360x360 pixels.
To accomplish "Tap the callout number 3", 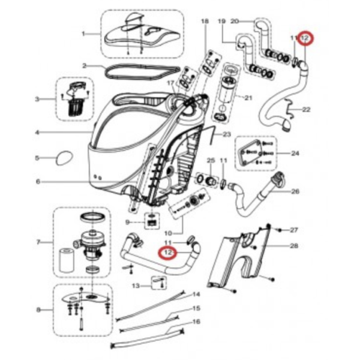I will [37, 99].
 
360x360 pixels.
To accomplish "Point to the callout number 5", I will [37, 158].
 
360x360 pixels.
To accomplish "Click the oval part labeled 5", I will [63, 158].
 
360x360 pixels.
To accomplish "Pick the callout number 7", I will [38, 242].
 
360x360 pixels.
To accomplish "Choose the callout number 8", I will [38, 310].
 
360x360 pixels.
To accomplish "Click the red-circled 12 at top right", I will [305, 38].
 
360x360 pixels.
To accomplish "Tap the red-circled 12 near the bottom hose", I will [168, 253].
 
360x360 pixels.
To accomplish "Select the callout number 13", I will [135, 286].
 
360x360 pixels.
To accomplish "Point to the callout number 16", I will [196, 322].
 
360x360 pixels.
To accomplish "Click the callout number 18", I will [205, 22].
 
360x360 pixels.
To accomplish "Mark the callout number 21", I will [248, 98].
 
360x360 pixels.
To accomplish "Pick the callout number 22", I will [306, 110].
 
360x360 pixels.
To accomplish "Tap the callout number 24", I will [295, 154].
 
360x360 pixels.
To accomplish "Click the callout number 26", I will [295, 192].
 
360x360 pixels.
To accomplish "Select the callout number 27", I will [294, 230].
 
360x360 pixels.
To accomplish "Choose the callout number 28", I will [294, 246].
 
